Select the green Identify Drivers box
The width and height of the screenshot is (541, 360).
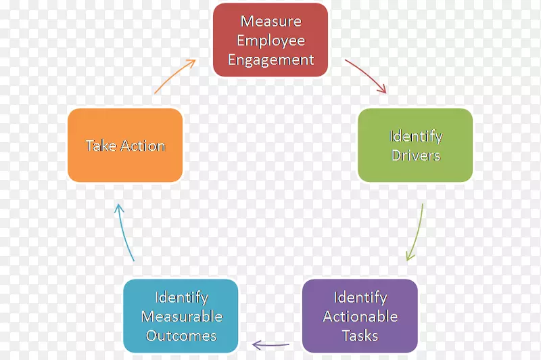tap(415, 145)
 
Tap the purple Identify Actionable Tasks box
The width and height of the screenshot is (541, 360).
tap(360, 316)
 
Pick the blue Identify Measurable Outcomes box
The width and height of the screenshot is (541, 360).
tap(181, 316)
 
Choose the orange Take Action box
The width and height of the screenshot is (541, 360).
tap(125, 145)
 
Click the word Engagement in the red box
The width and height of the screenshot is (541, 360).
tap(270, 60)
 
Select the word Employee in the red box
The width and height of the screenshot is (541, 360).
tap(270, 41)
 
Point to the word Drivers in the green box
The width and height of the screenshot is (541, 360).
tap(416, 156)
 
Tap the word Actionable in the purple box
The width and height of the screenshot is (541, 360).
tap(360, 317)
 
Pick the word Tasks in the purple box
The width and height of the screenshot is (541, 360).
tap(360, 336)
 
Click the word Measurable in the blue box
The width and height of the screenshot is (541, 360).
tap(181, 317)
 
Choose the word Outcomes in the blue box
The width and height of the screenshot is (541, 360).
tap(181, 336)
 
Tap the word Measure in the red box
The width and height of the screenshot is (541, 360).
tap(270, 21)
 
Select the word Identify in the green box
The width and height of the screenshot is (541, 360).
tap(416, 136)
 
